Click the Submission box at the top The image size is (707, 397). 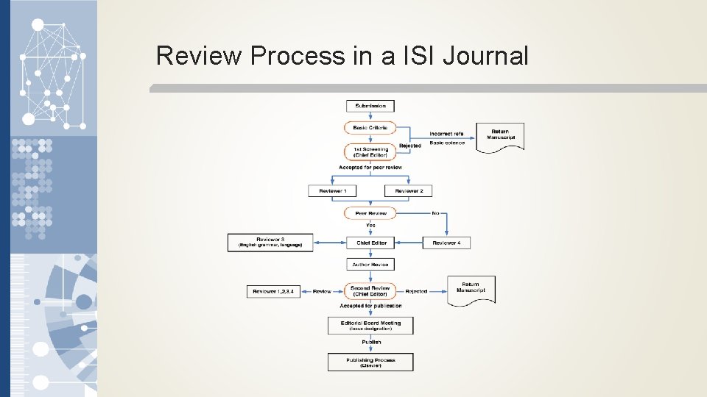[370, 106]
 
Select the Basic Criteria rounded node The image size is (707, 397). [370, 128]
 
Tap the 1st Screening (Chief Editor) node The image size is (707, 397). [370, 152]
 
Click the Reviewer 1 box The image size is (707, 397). [332, 191]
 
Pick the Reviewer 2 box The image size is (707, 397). [408, 191]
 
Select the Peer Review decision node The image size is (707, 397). [370, 213]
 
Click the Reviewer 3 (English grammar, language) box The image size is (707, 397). [270, 243]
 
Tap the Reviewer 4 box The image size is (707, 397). [446, 243]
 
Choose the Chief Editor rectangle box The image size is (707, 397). [371, 243]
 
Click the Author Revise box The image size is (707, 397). [371, 264]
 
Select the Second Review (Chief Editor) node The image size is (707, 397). [370, 291]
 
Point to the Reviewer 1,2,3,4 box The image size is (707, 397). [273, 292]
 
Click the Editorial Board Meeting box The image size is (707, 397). [370, 325]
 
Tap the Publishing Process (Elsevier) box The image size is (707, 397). [370, 362]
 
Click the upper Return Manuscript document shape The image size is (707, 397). [500, 136]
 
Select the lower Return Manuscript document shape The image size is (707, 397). [471, 287]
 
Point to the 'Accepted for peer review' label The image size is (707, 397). [370, 168]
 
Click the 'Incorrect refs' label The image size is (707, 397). [447, 134]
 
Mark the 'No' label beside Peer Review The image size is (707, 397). [436, 213]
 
